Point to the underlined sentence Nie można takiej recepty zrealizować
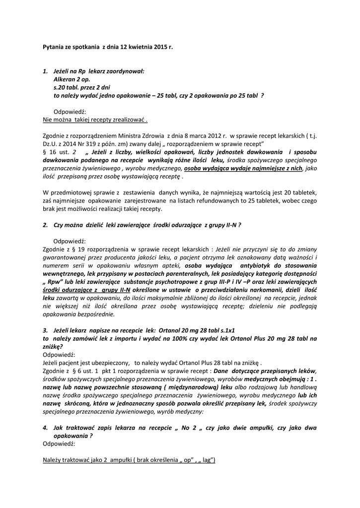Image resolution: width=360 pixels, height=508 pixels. point(95,120)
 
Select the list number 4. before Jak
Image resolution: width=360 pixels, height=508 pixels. point(45,427)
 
